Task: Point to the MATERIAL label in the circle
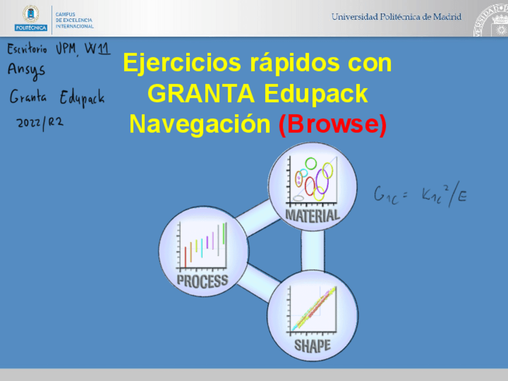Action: click(x=312, y=214)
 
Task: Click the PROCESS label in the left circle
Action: click(x=202, y=280)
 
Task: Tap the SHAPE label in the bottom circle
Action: click(x=312, y=346)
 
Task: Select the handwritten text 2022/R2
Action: click(x=40, y=122)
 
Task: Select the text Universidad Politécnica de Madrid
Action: click(x=396, y=17)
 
